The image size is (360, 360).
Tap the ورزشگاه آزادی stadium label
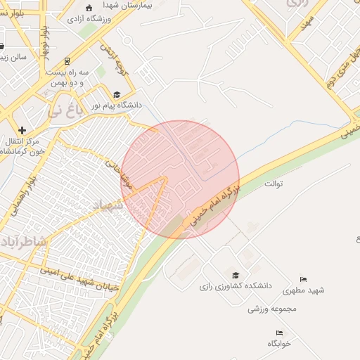tap(97, 18)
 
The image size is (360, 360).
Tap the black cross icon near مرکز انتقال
tap(22, 130)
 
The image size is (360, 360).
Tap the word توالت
tap(272, 184)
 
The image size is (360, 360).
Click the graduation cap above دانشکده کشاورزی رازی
tap(236, 275)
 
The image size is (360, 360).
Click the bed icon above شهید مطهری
tap(303, 279)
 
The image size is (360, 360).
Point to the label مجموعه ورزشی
tap(274, 308)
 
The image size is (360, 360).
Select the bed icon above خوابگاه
tap(280, 333)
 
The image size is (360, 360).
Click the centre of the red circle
tap(180, 179)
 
